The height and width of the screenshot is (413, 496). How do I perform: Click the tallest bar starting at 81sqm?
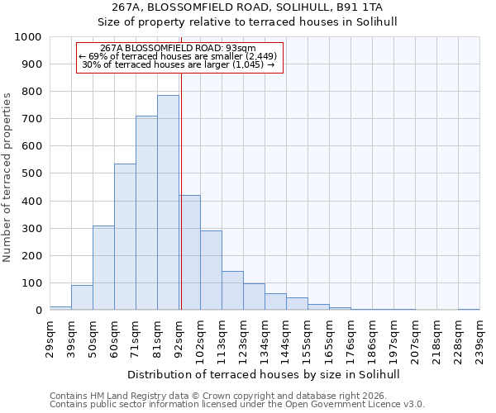click(168, 202)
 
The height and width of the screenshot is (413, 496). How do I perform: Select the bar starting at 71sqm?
click(146, 213)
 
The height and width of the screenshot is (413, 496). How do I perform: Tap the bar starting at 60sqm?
click(125, 237)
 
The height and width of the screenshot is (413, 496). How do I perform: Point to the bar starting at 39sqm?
click(82, 297)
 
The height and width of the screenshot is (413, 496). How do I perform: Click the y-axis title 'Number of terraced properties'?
click(7, 177)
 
